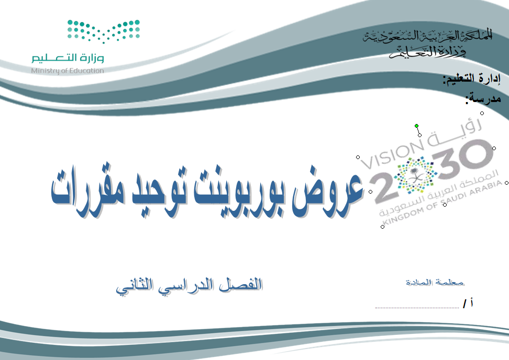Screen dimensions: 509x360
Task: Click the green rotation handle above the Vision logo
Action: point(416,126)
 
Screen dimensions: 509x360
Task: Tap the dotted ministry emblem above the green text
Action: point(104,31)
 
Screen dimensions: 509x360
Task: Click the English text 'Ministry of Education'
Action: point(68,71)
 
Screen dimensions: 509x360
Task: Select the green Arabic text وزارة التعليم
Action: point(68,58)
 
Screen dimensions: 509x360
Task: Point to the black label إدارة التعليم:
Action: point(472,79)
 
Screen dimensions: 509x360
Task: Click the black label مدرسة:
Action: point(483,98)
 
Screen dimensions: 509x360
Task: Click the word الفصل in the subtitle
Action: point(240,285)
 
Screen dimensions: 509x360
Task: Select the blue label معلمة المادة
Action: point(435,282)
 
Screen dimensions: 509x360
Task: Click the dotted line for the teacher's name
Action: point(417,307)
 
